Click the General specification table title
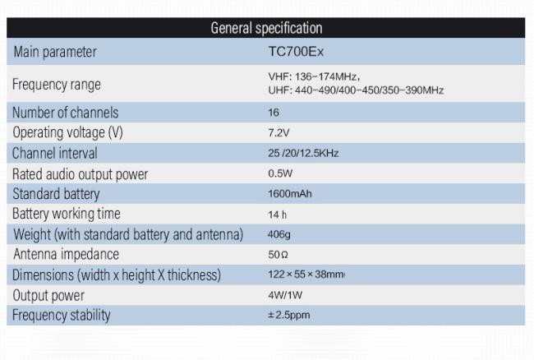266,29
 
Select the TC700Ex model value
290,52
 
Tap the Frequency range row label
57,84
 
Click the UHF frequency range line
350,90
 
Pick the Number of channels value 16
274,113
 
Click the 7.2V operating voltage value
277,132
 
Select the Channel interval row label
55,153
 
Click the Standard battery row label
57,194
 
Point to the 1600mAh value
290,194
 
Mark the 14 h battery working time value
277,215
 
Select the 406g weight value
279,234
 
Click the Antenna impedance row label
66,254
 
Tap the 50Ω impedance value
277,255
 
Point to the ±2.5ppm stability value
289,315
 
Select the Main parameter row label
54,52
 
